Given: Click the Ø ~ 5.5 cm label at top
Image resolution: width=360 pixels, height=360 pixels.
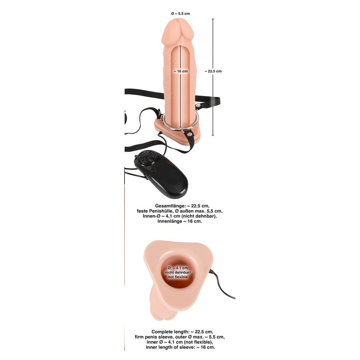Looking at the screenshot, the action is coord(180,14).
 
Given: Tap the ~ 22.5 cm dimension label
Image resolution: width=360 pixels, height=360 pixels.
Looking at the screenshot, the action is coord(213,71).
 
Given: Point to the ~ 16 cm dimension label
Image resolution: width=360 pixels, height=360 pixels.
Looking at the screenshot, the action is coord(181,71).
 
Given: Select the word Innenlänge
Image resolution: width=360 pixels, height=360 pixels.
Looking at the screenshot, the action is coord(169,221).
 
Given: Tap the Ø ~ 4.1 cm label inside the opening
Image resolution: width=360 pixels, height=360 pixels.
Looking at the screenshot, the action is coord(178,268).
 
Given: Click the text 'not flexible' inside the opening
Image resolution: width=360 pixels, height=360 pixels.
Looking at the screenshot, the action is coord(178,277).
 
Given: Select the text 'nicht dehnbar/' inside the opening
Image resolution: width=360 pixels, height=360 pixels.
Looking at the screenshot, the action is coord(178,273).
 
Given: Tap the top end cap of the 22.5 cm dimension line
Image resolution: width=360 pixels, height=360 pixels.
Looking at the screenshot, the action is coord(213,19).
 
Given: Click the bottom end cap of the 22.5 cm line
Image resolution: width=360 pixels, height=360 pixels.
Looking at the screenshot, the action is coord(213,135).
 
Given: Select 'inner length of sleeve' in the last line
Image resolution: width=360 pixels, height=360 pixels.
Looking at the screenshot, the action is coord(171,347).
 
